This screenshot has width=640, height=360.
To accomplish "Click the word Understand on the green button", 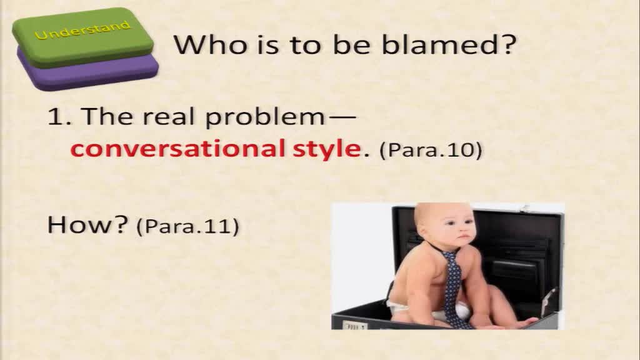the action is (83, 31).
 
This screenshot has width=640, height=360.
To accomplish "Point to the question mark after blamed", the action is (507, 44).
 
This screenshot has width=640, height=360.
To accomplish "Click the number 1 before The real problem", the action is (56, 116).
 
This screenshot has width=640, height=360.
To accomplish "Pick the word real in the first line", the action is (168, 116).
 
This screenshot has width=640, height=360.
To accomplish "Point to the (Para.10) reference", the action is (431, 150).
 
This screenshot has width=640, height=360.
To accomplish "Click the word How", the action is (87, 224).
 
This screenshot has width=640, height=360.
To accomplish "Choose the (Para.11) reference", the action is (187, 226).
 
